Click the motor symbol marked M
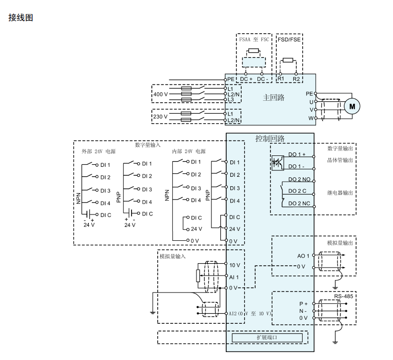pos(352,105)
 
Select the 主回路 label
pos(273,97)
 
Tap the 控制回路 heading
pos(270,139)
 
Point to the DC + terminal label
pos(247,79)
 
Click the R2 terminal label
pos(296,79)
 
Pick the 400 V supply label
pos(160,94)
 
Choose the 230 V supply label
pos(160,117)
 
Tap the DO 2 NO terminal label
pos(299,179)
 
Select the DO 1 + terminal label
pos(297,154)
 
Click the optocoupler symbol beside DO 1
pos(277,162)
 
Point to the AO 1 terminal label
pos(303,256)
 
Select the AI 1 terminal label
pos(234,277)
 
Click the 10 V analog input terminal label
pos(235,265)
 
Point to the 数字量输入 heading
pos(148,145)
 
